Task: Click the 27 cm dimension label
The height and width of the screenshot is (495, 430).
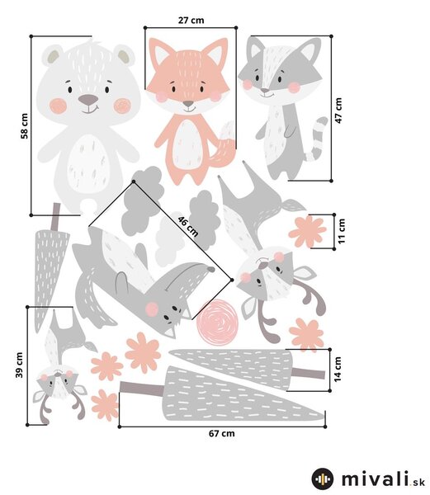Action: (191, 20)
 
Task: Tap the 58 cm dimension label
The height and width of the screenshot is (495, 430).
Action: (24, 126)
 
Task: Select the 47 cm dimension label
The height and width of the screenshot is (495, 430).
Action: (338, 111)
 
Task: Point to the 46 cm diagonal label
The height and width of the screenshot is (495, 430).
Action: (188, 226)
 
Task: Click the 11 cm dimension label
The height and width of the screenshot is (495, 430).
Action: (342, 231)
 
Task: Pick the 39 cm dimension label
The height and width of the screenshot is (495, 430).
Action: (19, 365)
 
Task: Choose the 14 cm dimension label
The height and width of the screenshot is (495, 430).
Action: (338, 370)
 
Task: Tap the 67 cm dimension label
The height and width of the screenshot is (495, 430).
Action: (222, 433)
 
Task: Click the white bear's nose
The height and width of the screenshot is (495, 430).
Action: (88, 100)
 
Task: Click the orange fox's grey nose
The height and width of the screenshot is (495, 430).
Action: (188, 104)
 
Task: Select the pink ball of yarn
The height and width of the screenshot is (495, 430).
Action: (216, 322)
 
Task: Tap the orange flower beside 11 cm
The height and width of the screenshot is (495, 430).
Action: (307, 231)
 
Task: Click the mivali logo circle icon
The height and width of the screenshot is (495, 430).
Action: (323, 478)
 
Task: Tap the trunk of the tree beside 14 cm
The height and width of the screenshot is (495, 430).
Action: (308, 373)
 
